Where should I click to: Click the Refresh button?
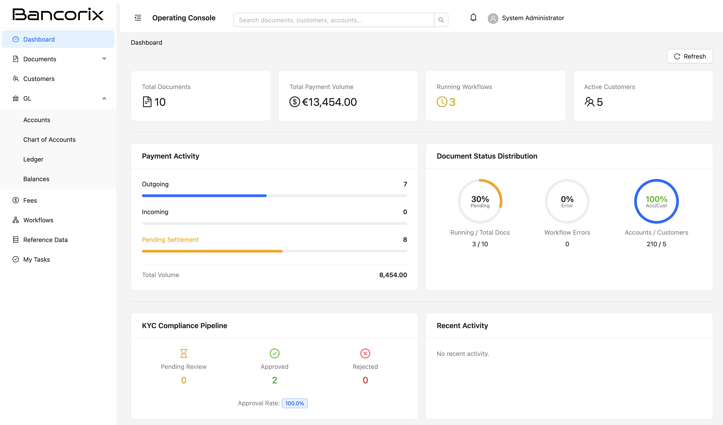click(689, 56)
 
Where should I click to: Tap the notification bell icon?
click(473, 18)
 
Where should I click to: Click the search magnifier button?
click(441, 20)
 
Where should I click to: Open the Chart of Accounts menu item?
click(49, 140)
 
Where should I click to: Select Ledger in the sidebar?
click(33, 159)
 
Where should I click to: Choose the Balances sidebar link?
click(36, 179)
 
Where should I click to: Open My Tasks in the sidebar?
click(36, 259)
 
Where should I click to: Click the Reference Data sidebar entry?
click(45, 240)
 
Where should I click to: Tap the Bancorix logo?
click(58, 14)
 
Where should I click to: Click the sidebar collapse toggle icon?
click(138, 18)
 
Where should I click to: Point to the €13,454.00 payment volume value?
click(329, 102)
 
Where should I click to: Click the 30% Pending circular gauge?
click(480, 201)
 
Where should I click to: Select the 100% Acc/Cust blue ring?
click(656, 201)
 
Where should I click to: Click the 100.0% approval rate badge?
click(294, 403)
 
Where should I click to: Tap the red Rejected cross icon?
click(365, 353)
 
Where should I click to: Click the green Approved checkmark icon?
click(274, 353)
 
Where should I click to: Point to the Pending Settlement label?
click(170, 240)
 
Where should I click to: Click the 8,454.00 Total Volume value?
click(393, 275)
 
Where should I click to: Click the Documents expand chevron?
click(104, 59)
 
